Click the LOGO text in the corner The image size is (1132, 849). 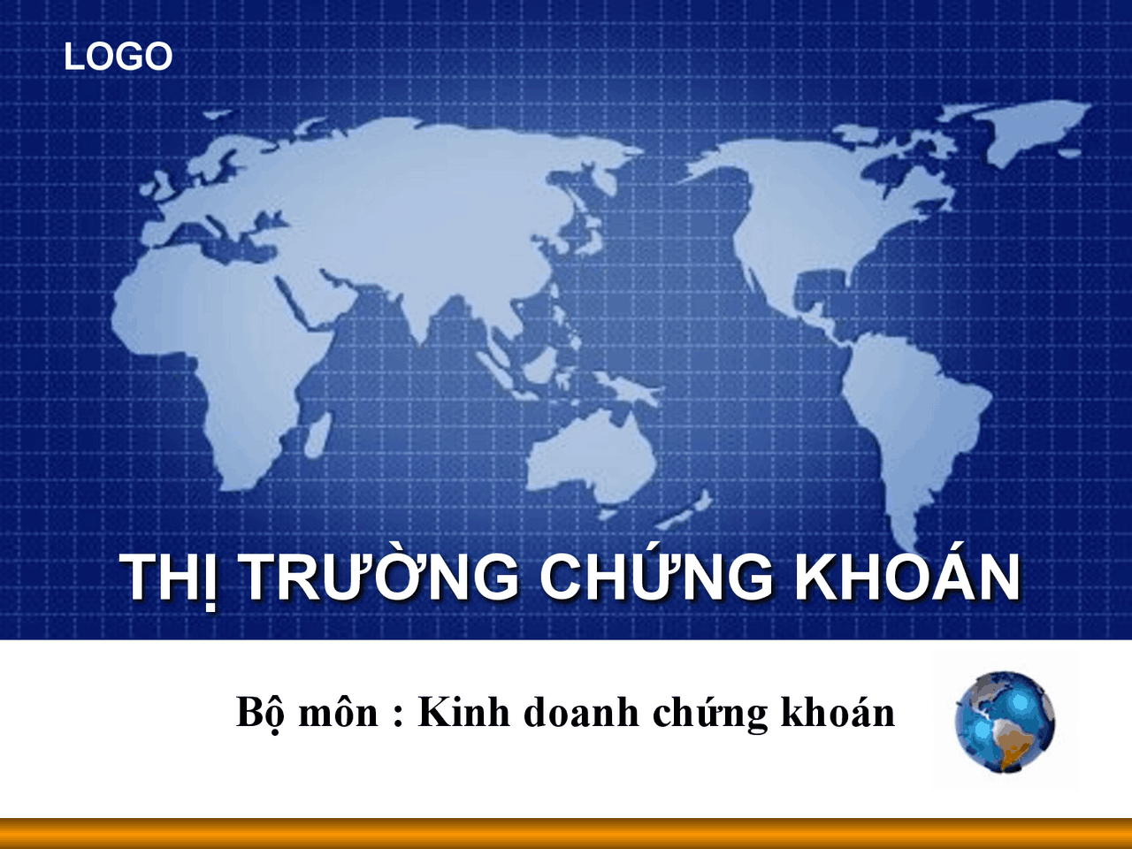tap(119, 57)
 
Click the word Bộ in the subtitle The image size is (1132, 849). tap(260, 714)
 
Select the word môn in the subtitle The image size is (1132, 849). tap(339, 714)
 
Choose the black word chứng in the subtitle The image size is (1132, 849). tap(710, 714)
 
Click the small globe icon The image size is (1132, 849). tap(1005, 722)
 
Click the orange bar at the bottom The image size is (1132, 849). tap(566, 833)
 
